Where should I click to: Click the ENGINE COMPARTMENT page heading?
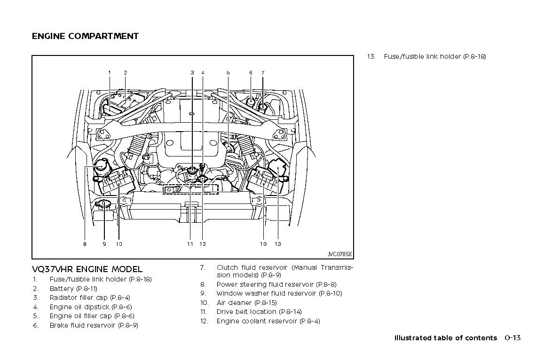click(85, 36)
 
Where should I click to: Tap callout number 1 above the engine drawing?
click(110, 73)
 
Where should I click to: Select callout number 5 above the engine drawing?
click(228, 73)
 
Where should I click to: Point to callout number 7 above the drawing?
click(263, 73)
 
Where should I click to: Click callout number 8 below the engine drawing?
click(85, 244)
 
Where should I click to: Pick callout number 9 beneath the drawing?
click(104, 244)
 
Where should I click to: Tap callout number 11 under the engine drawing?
click(190, 244)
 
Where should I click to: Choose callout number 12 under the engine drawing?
click(203, 244)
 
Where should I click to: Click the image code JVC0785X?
click(339, 254)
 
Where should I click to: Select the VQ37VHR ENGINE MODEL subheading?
click(87, 269)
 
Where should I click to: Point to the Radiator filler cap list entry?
click(90, 297)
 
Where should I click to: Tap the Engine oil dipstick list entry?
click(91, 307)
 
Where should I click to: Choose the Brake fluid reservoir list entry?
click(94, 325)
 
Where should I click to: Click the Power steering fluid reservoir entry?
click(276, 284)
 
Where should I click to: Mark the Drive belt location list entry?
click(259, 312)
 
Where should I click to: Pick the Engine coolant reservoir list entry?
click(268, 321)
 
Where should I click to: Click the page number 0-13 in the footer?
click(513, 338)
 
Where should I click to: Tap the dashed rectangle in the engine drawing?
click(191, 189)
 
